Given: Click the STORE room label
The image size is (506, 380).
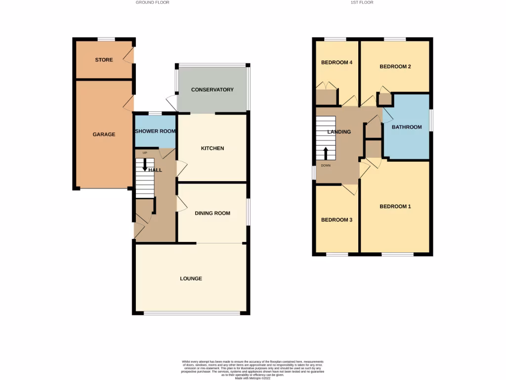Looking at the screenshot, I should pyautogui.click(x=104, y=60).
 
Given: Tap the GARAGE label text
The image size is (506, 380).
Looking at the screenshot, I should pyautogui.click(x=104, y=134).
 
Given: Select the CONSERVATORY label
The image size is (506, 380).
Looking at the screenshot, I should pyautogui.click(x=212, y=90).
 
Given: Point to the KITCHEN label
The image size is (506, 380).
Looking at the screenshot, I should pyautogui.click(x=212, y=148).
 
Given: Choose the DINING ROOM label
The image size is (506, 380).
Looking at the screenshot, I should pyautogui.click(x=212, y=213).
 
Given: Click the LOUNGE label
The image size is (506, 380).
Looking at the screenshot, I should pyautogui.click(x=191, y=279).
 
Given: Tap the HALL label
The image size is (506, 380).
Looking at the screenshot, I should pyautogui.click(x=156, y=170).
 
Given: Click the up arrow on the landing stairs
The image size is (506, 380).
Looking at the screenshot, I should pyautogui.click(x=326, y=153).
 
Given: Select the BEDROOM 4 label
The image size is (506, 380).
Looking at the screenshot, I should pyautogui.click(x=337, y=62).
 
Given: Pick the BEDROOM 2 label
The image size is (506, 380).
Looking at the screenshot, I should pyautogui.click(x=395, y=66).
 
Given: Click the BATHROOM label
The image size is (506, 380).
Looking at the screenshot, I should pyautogui.click(x=407, y=127).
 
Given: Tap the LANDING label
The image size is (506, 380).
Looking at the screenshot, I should pyautogui.click(x=339, y=132).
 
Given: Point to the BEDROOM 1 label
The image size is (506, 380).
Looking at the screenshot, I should pyautogui.click(x=395, y=206).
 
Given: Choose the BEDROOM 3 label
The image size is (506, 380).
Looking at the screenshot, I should pyautogui.click(x=337, y=220).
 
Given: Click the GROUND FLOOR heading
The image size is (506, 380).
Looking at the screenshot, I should pyautogui.click(x=152, y=2).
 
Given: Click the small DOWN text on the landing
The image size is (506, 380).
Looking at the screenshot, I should pyautogui.click(x=326, y=166).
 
